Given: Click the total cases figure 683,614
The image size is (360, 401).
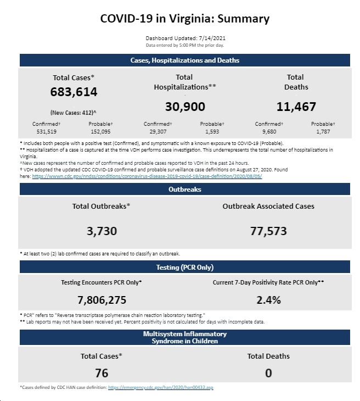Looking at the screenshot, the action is (74, 92).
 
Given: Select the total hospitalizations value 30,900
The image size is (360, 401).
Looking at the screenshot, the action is (185, 107).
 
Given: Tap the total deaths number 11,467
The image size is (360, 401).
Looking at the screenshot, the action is (296, 107).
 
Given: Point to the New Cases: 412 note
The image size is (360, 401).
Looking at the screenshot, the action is (74, 113).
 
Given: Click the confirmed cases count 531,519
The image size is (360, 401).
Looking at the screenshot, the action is (46, 132).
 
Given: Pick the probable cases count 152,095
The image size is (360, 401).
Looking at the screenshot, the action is (100, 132).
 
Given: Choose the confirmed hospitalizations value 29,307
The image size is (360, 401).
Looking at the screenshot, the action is (158, 132).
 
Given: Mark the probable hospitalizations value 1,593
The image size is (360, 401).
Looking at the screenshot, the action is (212, 132).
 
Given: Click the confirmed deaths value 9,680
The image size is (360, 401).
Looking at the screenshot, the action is (269, 132).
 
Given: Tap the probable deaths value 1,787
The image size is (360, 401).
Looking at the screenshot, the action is (323, 132).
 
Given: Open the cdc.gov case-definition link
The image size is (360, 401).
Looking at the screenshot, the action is (147, 176).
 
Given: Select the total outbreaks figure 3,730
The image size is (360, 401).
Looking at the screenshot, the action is (102, 231).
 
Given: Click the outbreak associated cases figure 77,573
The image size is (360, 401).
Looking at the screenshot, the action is (268, 231).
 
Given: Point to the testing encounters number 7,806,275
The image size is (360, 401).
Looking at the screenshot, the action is (102, 300).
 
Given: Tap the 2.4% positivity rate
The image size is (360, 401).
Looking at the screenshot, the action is (268, 300).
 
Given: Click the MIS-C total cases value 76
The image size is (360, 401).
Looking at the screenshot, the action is (102, 373).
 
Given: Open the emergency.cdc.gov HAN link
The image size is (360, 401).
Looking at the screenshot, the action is (161, 387).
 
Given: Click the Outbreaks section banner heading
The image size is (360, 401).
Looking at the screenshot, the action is (185, 190).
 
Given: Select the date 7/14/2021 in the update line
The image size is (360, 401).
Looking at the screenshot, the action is (212, 38).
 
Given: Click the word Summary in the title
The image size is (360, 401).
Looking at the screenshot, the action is (243, 19).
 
